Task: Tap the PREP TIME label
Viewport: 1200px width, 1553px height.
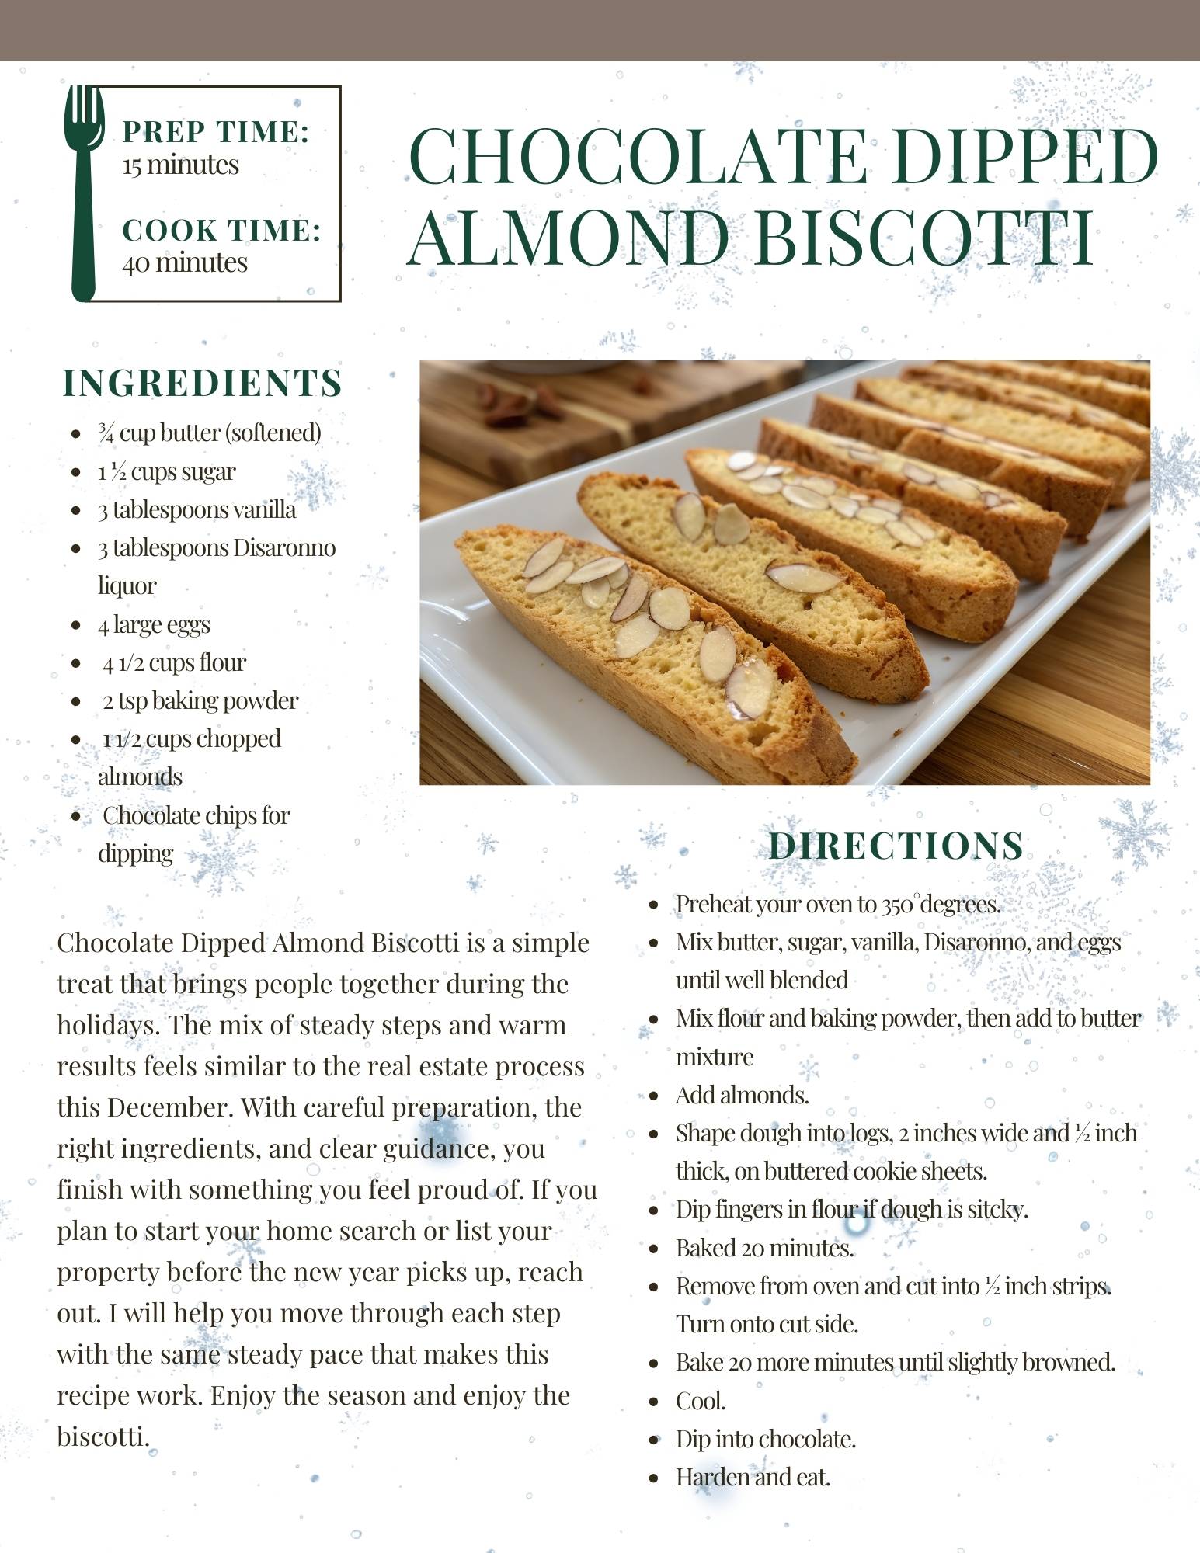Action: pos(216,131)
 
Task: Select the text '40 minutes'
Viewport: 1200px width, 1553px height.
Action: pos(185,262)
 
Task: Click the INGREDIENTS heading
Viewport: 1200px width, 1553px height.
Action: pos(202,383)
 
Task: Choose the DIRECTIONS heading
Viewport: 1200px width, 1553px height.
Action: pos(896,846)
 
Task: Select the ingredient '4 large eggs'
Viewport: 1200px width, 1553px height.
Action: pos(154,624)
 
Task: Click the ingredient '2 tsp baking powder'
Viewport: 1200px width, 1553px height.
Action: pos(200,700)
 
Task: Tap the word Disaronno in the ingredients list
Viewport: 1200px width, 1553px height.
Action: pos(284,547)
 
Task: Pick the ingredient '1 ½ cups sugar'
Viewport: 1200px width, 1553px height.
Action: pos(166,471)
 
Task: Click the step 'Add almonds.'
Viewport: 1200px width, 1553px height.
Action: pos(742,1095)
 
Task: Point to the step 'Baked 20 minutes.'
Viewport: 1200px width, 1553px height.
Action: pos(764,1248)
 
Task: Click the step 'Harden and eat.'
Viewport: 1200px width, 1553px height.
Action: pos(753,1477)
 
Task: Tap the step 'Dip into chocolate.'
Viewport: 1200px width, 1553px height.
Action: pos(765,1439)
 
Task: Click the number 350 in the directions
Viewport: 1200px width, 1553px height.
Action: pos(898,904)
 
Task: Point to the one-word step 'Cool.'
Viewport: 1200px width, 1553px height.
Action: pos(700,1401)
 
